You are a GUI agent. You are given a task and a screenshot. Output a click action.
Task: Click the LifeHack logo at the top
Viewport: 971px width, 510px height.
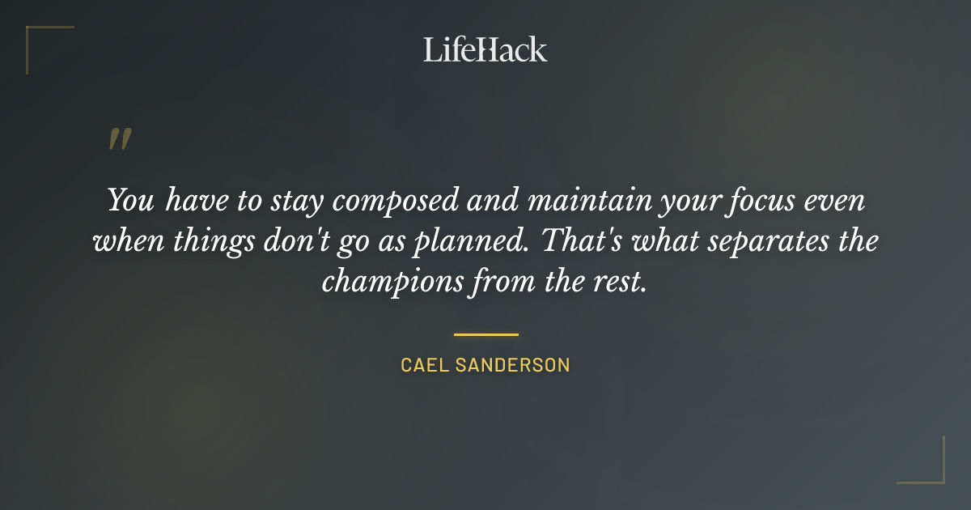tap(485, 49)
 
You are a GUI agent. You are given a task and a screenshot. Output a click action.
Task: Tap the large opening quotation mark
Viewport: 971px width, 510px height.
tap(120, 139)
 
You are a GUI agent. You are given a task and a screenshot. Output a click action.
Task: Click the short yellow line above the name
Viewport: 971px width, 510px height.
tap(485, 334)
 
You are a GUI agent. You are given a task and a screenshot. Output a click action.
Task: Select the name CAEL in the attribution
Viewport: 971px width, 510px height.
tap(423, 365)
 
